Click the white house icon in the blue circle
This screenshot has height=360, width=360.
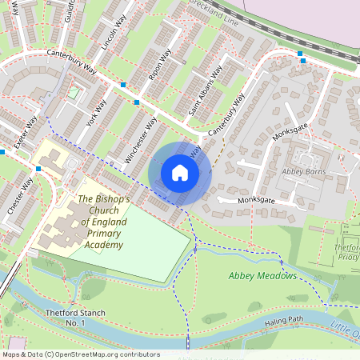coord(180,172)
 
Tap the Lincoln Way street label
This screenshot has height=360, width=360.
coord(111,34)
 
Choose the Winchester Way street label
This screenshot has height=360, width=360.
coord(141,140)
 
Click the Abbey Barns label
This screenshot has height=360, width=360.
coord(305,171)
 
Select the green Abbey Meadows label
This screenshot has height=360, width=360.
coord(262,276)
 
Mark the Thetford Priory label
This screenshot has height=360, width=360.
coord(346,253)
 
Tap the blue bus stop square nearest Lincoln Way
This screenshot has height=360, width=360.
coord(123,84)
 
